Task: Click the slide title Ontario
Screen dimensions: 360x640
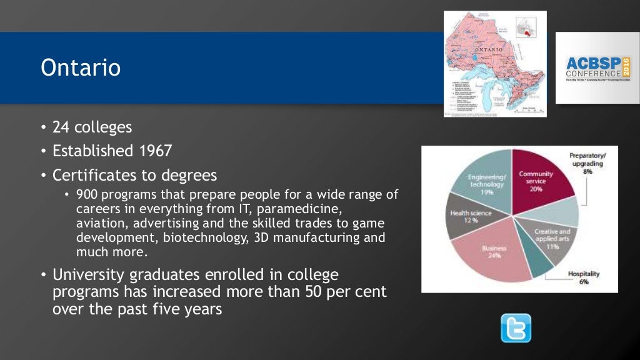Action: pyautogui.click(x=81, y=67)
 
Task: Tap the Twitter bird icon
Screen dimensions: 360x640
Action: pyautogui.click(x=516, y=328)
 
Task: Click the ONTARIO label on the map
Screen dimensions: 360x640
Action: pyautogui.click(x=489, y=49)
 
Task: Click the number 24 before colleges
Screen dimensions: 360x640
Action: pyautogui.click(x=60, y=127)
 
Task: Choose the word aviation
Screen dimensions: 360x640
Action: pyautogui.click(x=99, y=223)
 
